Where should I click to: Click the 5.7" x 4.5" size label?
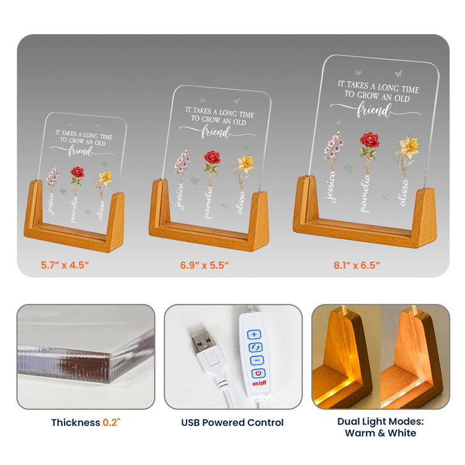[x=65, y=265]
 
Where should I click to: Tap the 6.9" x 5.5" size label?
[x=205, y=265]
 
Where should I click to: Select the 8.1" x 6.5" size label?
[x=356, y=265]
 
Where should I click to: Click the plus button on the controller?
[x=254, y=335]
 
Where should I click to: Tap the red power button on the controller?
[x=259, y=373]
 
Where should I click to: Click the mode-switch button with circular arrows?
[x=255, y=347]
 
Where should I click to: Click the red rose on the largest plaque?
[x=370, y=140]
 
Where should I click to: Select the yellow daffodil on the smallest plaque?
[x=105, y=177]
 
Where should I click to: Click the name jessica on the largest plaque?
[x=331, y=187]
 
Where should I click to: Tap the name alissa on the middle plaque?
[x=241, y=202]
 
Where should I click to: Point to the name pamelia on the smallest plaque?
[x=74, y=210]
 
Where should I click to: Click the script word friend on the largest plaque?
[x=374, y=110]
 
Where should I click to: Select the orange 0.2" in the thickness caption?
[x=112, y=422]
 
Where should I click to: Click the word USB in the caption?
[x=190, y=423]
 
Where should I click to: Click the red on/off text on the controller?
[x=260, y=383]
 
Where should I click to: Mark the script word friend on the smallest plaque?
[x=81, y=151]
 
